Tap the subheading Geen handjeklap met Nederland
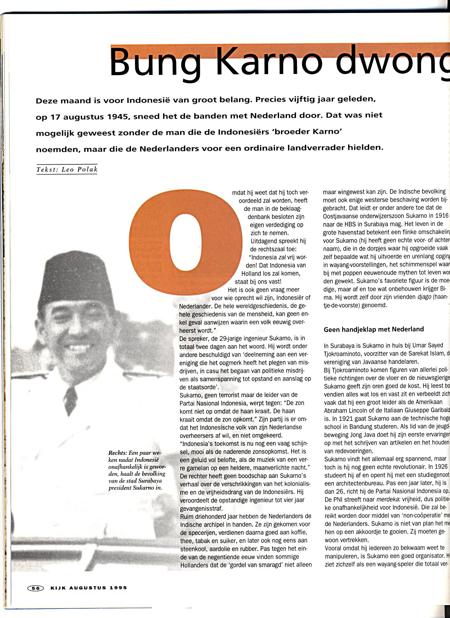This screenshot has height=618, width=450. pos(373,329)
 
